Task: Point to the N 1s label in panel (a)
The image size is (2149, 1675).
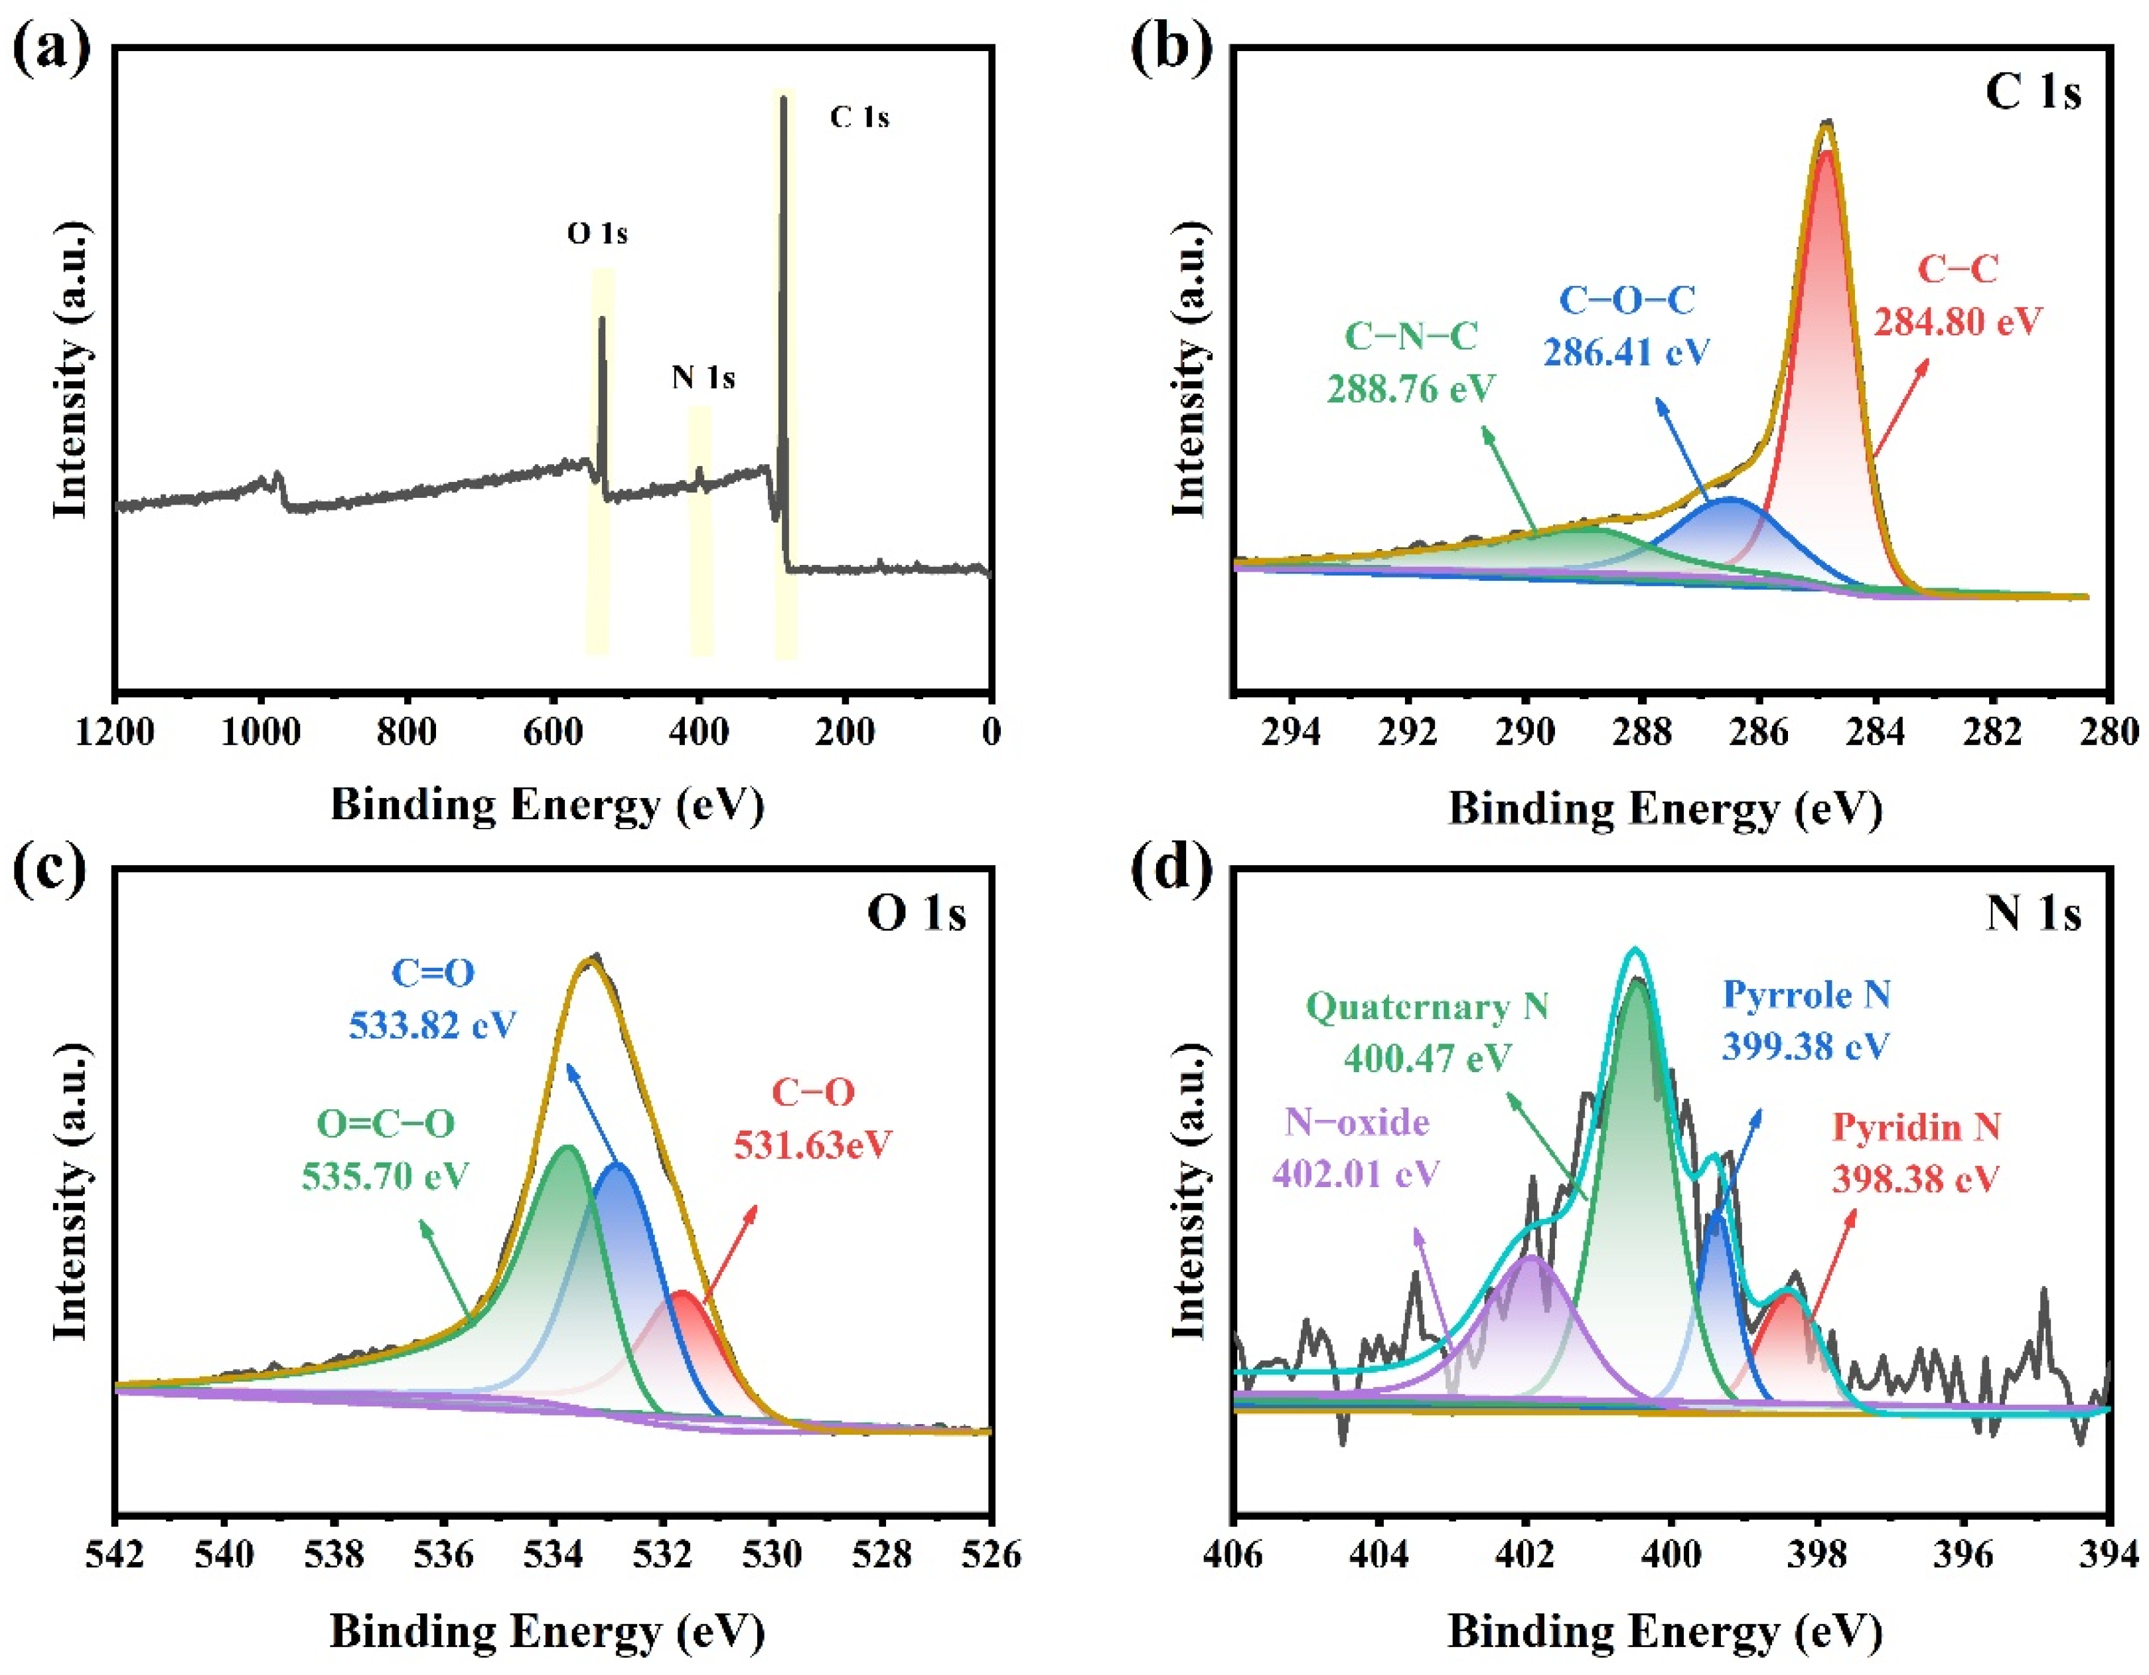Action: pyautogui.click(x=703, y=377)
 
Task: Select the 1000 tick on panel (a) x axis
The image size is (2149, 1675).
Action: pyautogui.click(x=261, y=732)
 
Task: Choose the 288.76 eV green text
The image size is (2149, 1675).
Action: pyautogui.click(x=1411, y=389)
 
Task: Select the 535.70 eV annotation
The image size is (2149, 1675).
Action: pyautogui.click(x=386, y=1176)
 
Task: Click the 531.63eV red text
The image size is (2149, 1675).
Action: pyautogui.click(x=813, y=1145)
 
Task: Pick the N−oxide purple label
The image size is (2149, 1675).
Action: pyautogui.click(x=1357, y=1122)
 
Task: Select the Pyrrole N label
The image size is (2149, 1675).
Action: pyautogui.click(x=1807, y=995)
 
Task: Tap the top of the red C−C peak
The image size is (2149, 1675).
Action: pyautogui.click(x=1826, y=153)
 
